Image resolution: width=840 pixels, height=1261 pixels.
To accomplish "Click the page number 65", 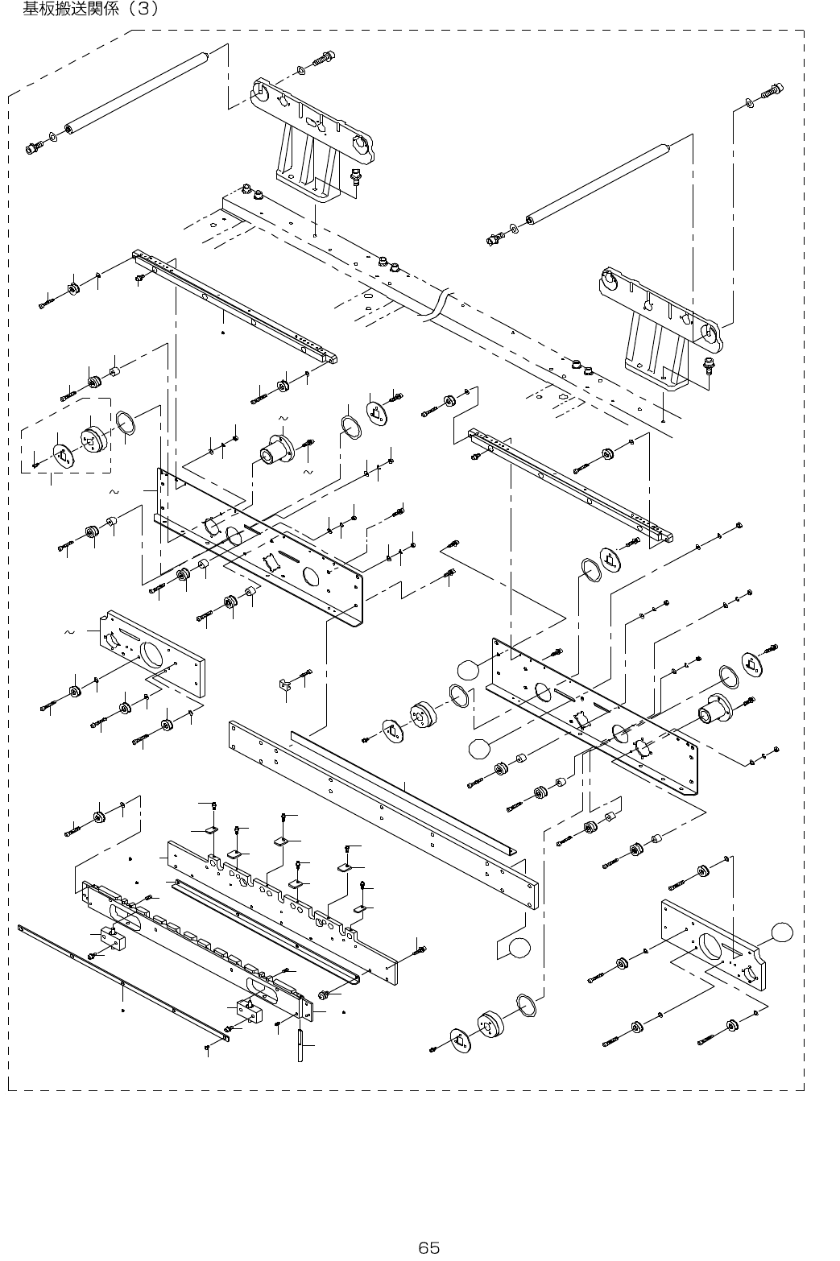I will [x=428, y=1226].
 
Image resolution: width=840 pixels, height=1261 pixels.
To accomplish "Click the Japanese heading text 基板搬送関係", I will [x=73, y=10].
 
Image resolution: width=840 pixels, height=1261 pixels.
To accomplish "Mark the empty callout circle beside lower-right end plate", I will [x=780, y=932].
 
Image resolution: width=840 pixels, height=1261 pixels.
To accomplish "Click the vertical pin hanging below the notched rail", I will [x=300, y=1040].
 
